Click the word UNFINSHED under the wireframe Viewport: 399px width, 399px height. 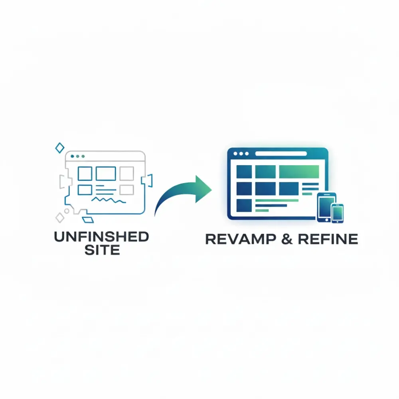click(x=101, y=237)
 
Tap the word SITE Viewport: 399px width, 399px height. click(x=102, y=250)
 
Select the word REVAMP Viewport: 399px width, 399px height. click(x=241, y=239)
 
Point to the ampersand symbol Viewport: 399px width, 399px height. click(x=287, y=239)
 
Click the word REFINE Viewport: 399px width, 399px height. click(x=328, y=239)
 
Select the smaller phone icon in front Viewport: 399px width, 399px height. click(x=338, y=213)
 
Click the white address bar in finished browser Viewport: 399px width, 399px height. click(x=281, y=154)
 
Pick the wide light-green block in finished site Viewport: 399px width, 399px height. click(x=299, y=172)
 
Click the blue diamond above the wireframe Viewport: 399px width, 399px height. click(x=60, y=148)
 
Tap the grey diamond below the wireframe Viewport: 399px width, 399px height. click(x=60, y=218)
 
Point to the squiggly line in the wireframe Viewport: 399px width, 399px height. click(x=109, y=200)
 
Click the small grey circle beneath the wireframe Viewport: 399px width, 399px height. click(x=67, y=211)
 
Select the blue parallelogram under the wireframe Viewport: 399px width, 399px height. click(x=88, y=220)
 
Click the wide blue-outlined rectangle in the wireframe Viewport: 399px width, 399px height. click(x=106, y=174)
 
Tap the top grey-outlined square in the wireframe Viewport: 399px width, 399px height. click(x=127, y=174)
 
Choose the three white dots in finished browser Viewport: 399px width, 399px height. click(x=241, y=154)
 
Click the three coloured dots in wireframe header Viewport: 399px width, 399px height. click(x=78, y=156)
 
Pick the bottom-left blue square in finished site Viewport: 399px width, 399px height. click(x=244, y=205)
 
